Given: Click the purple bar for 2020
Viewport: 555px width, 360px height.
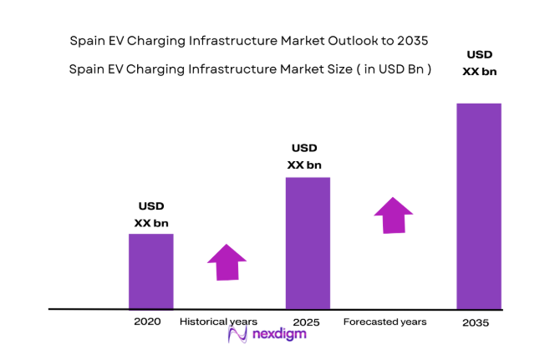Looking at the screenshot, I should [150, 271].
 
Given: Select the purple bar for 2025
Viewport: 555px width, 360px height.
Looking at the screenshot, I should [308, 243].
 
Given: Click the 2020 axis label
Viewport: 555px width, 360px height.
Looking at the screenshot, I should [146, 322].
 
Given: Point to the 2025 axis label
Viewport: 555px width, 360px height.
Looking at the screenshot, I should [307, 322].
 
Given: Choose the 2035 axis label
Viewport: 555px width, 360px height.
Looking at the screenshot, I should [476, 322].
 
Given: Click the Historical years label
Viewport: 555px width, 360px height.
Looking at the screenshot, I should [220, 322].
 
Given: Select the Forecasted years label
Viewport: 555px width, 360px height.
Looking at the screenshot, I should [384, 322].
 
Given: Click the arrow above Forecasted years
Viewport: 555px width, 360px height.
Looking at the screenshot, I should [393, 215].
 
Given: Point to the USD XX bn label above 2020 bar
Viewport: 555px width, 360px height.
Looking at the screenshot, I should [151, 215].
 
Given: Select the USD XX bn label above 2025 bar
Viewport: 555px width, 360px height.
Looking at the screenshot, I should [304, 156].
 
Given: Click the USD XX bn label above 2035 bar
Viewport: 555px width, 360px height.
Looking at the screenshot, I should [480, 63].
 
